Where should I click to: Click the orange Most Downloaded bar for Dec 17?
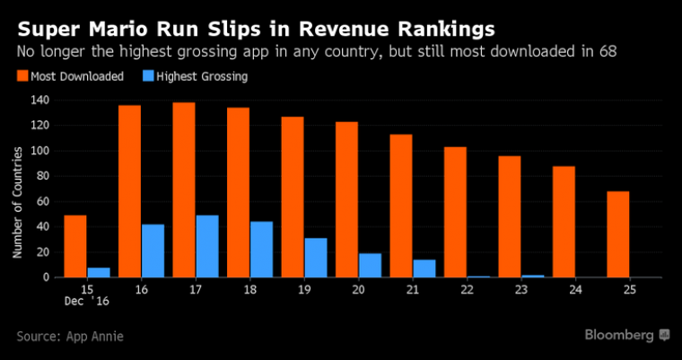click(x=184, y=190)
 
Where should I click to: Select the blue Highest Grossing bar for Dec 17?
click(x=207, y=247)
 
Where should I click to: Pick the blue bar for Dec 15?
click(x=99, y=273)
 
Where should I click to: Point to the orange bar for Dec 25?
click(x=618, y=234)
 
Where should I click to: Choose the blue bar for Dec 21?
click(x=424, y=268)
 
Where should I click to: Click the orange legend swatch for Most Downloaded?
click(x=22, y=77)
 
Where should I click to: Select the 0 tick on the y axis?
click(x=44, y=277)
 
